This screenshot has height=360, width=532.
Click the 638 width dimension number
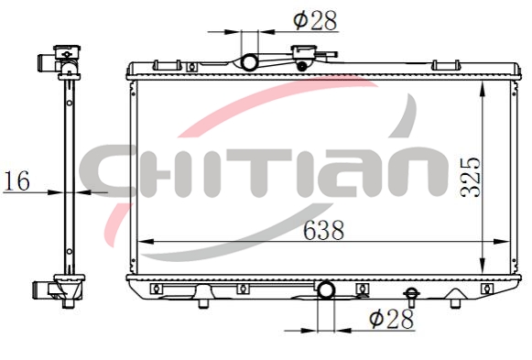tap(323, 230)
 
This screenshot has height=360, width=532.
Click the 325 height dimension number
tap(471, 178)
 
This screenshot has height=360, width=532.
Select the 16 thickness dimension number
tap(16, 180)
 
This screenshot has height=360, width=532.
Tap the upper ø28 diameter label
tap(315, 20)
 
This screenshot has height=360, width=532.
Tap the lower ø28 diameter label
tap(392, 319)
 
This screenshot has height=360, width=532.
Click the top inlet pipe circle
tap(249, 62)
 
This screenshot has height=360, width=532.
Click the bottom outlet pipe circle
tap(326, 289)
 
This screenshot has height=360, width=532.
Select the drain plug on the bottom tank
tap(411, 296)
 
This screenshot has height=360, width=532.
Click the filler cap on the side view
tap(67, 52)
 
